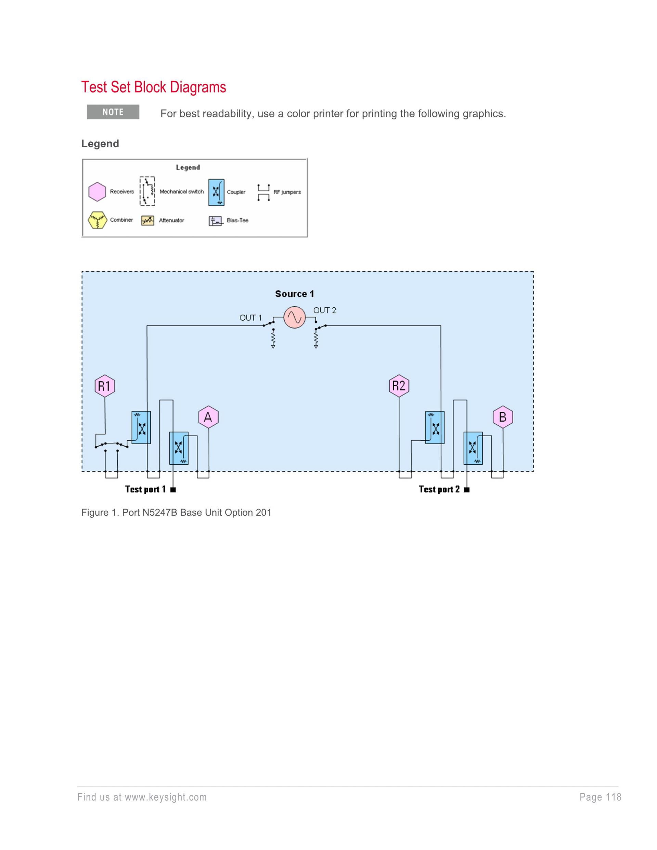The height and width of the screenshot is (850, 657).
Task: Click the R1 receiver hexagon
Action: coord(105,386)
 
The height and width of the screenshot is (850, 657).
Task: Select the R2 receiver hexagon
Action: coord(399,386)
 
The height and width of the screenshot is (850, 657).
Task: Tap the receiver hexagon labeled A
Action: coord(208,417)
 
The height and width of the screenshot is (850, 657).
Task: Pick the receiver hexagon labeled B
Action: coord(502,417)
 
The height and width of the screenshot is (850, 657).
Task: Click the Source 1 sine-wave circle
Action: coord(294,318)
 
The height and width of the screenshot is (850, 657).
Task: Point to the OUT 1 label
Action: coord(250,318)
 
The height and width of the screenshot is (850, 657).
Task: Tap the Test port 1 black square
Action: coord(173,490)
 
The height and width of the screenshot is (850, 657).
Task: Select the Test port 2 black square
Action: coord(467,490)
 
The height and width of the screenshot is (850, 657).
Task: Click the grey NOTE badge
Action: coord(113,112)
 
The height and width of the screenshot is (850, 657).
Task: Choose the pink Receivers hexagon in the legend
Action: coord(97,192)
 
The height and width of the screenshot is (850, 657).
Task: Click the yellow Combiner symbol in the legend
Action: coord(97,220)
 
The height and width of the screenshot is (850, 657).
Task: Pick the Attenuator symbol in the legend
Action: coord(147,221)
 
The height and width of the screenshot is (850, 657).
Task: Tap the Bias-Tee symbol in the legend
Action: coord(216,221)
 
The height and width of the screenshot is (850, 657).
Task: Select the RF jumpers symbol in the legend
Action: coord(263,192)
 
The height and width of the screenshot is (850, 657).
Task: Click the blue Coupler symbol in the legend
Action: coord(216,192)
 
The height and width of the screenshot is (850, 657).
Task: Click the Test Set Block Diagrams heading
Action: coord(153,87)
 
